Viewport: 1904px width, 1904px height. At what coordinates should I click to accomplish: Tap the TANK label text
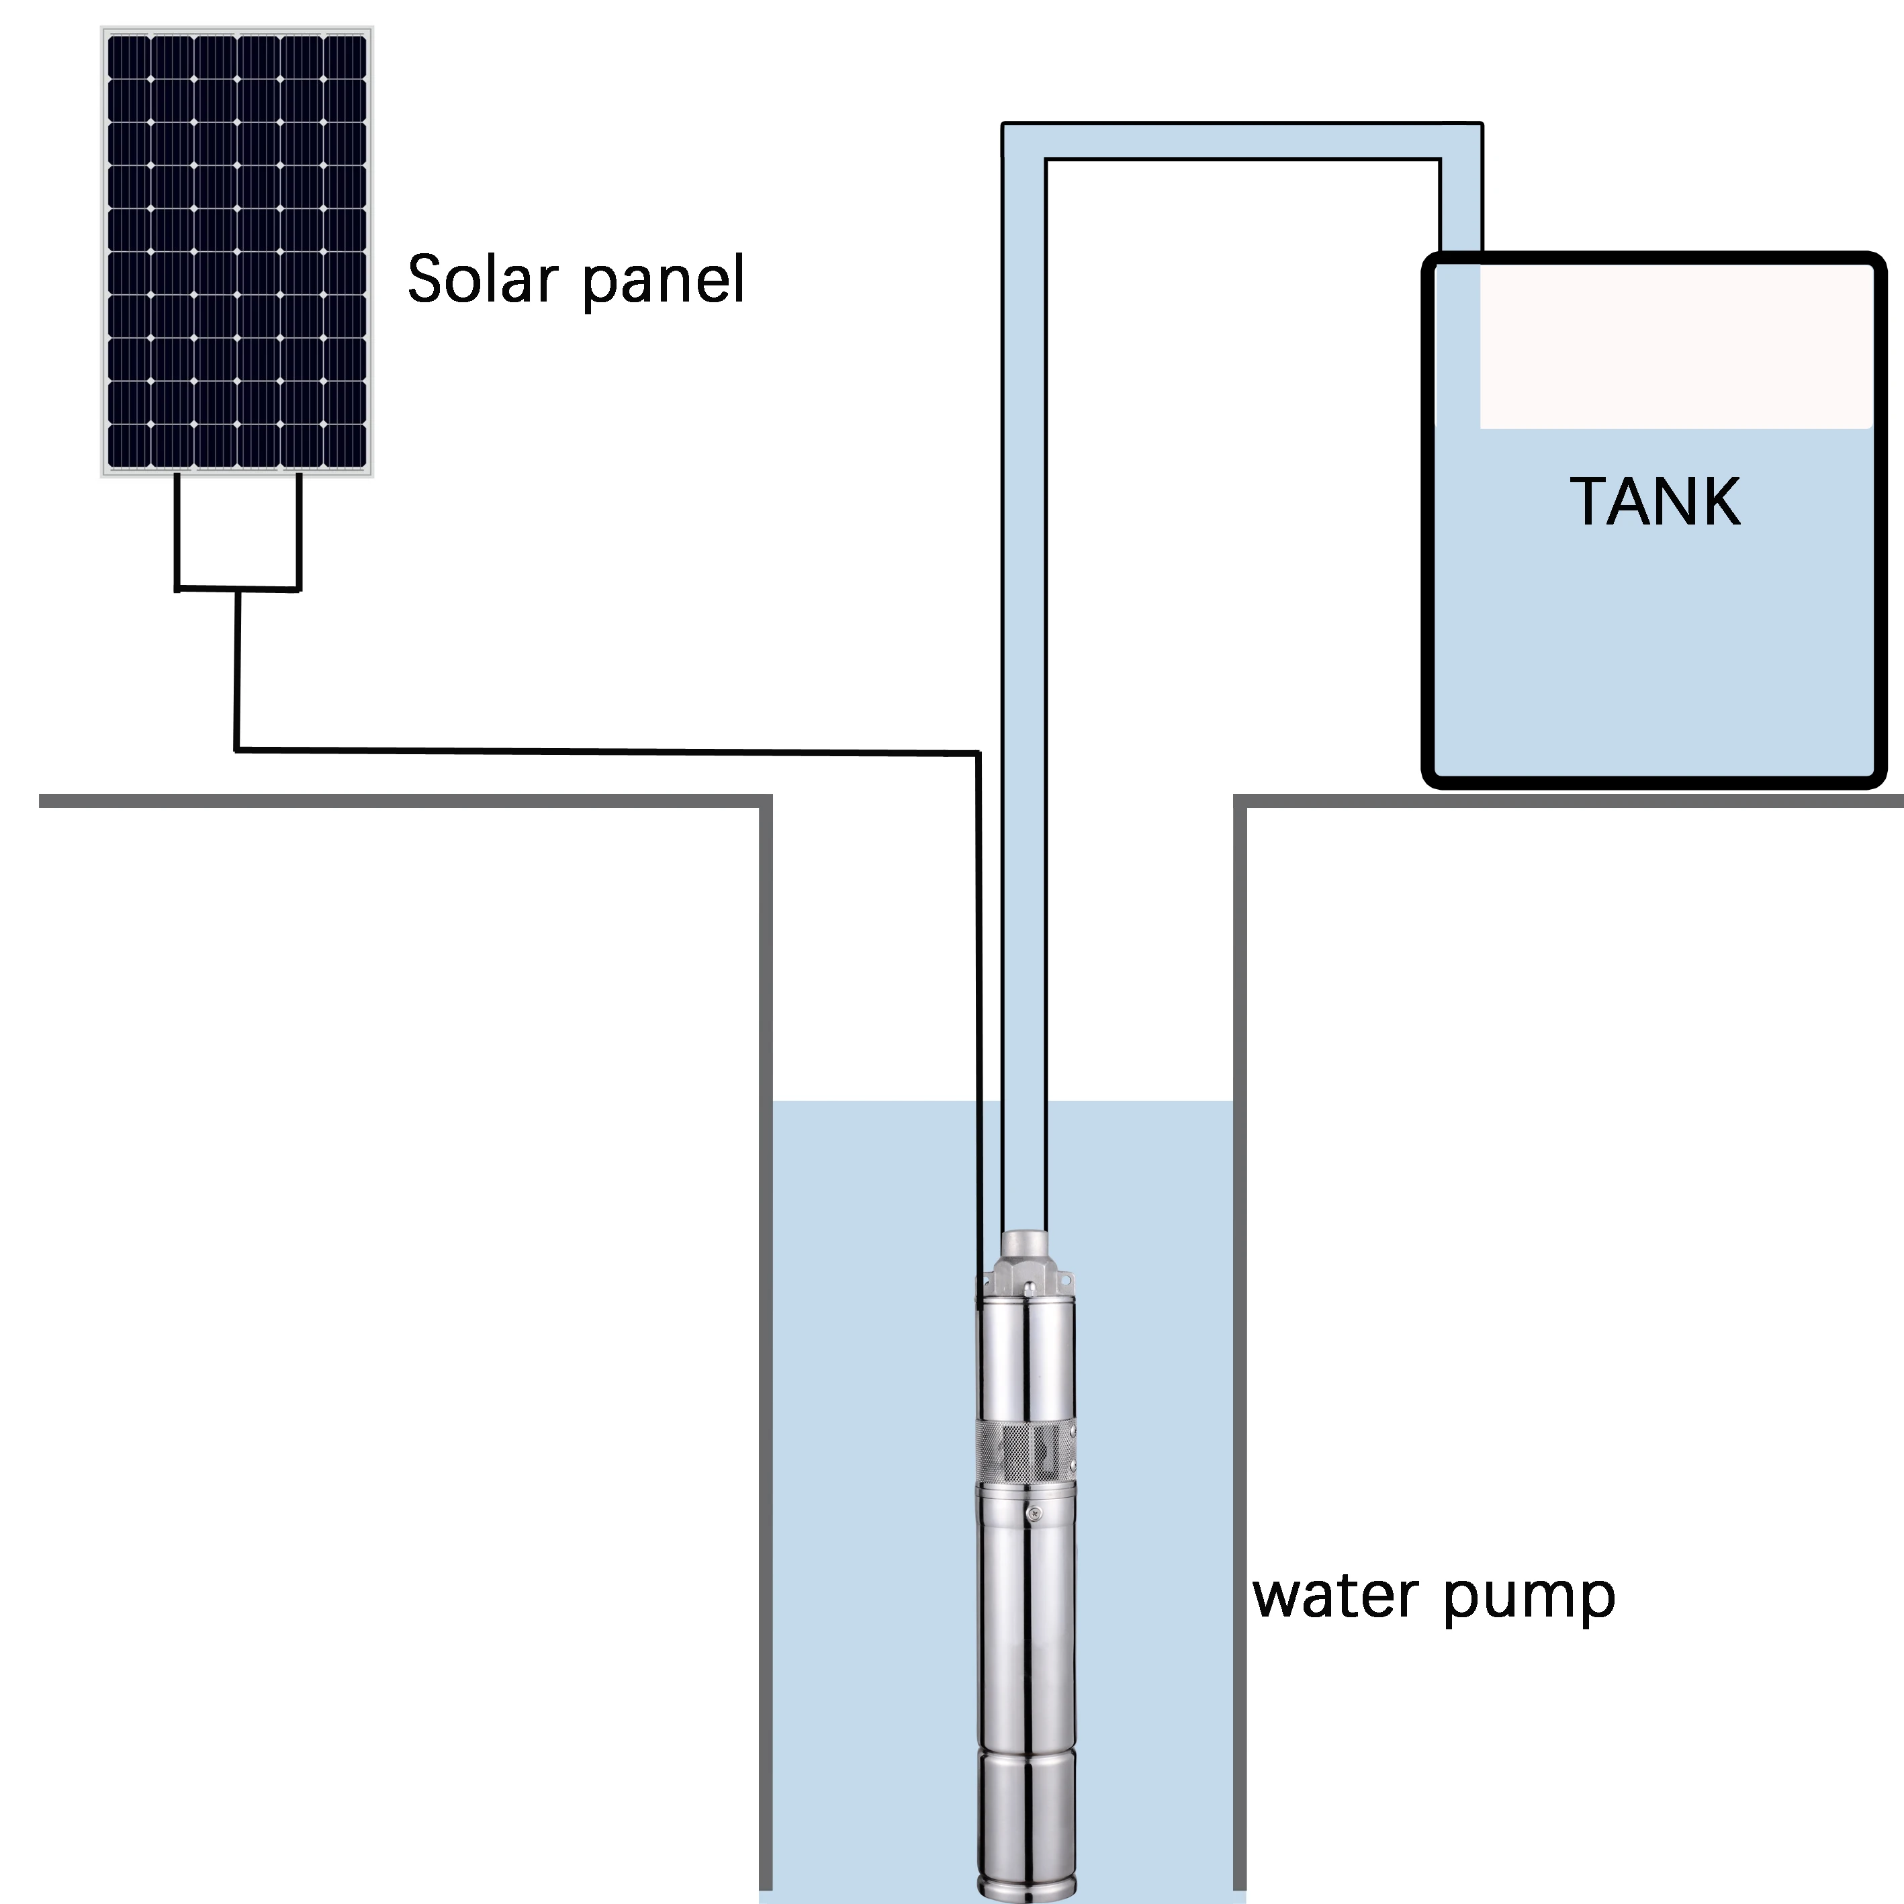coord(1655,502)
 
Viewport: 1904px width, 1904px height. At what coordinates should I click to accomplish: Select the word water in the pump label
coord(1335,1596)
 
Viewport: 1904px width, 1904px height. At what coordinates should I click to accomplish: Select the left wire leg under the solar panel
coord(177,532)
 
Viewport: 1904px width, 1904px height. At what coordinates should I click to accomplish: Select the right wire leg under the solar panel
coord(299,532)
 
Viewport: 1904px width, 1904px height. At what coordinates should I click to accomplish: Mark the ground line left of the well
coord(394,801)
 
